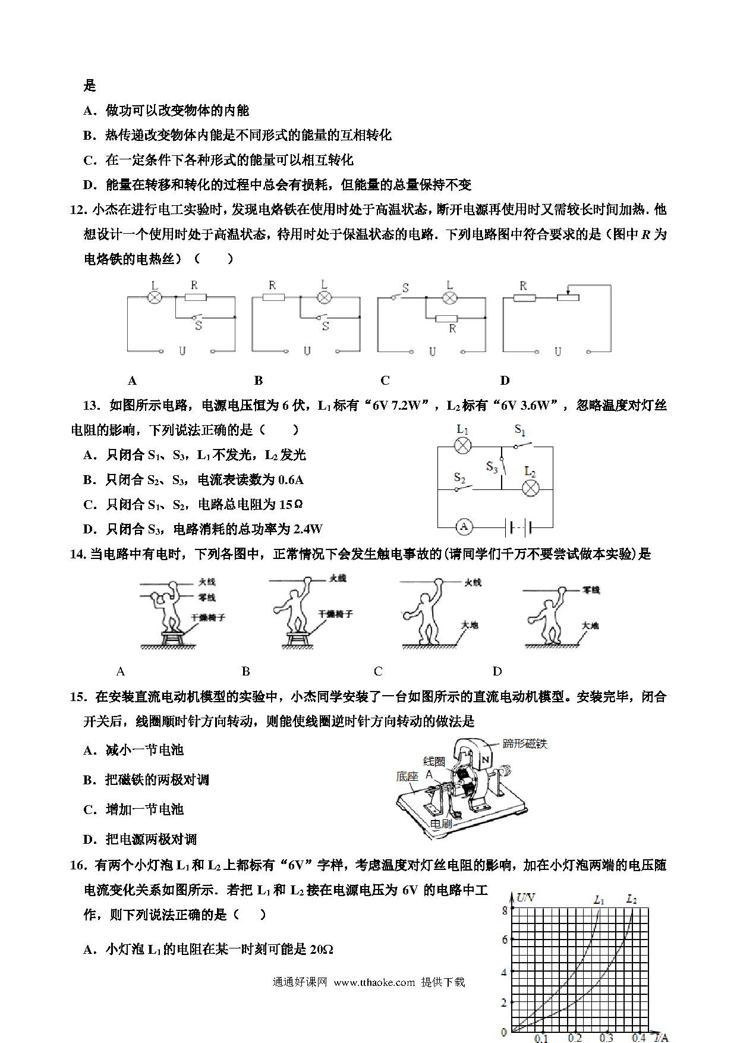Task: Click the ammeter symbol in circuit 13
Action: pos(464,526)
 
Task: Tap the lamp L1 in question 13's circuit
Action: pos(463,445)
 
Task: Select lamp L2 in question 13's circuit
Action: pos(530,488)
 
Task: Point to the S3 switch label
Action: pos(492,467)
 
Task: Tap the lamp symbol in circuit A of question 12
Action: pos(155,296)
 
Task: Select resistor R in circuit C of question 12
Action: pos(447,319)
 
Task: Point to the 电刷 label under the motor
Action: pos(441,824)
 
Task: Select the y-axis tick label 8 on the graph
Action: pos(505,910)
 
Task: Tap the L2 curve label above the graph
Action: pos(631,899)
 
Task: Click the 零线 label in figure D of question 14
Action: pos(591,590)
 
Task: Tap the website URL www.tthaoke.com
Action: pos(374,982)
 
